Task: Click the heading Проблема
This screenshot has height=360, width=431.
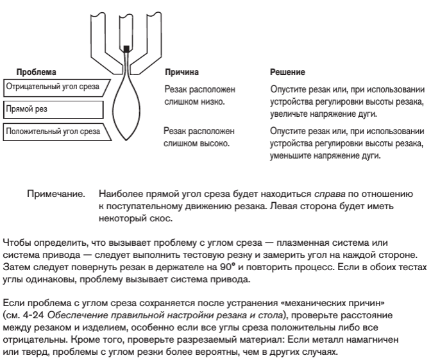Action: coord(36,73)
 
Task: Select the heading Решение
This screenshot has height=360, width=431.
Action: coord(287,73)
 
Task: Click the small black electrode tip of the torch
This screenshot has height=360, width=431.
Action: coord(127,48)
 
